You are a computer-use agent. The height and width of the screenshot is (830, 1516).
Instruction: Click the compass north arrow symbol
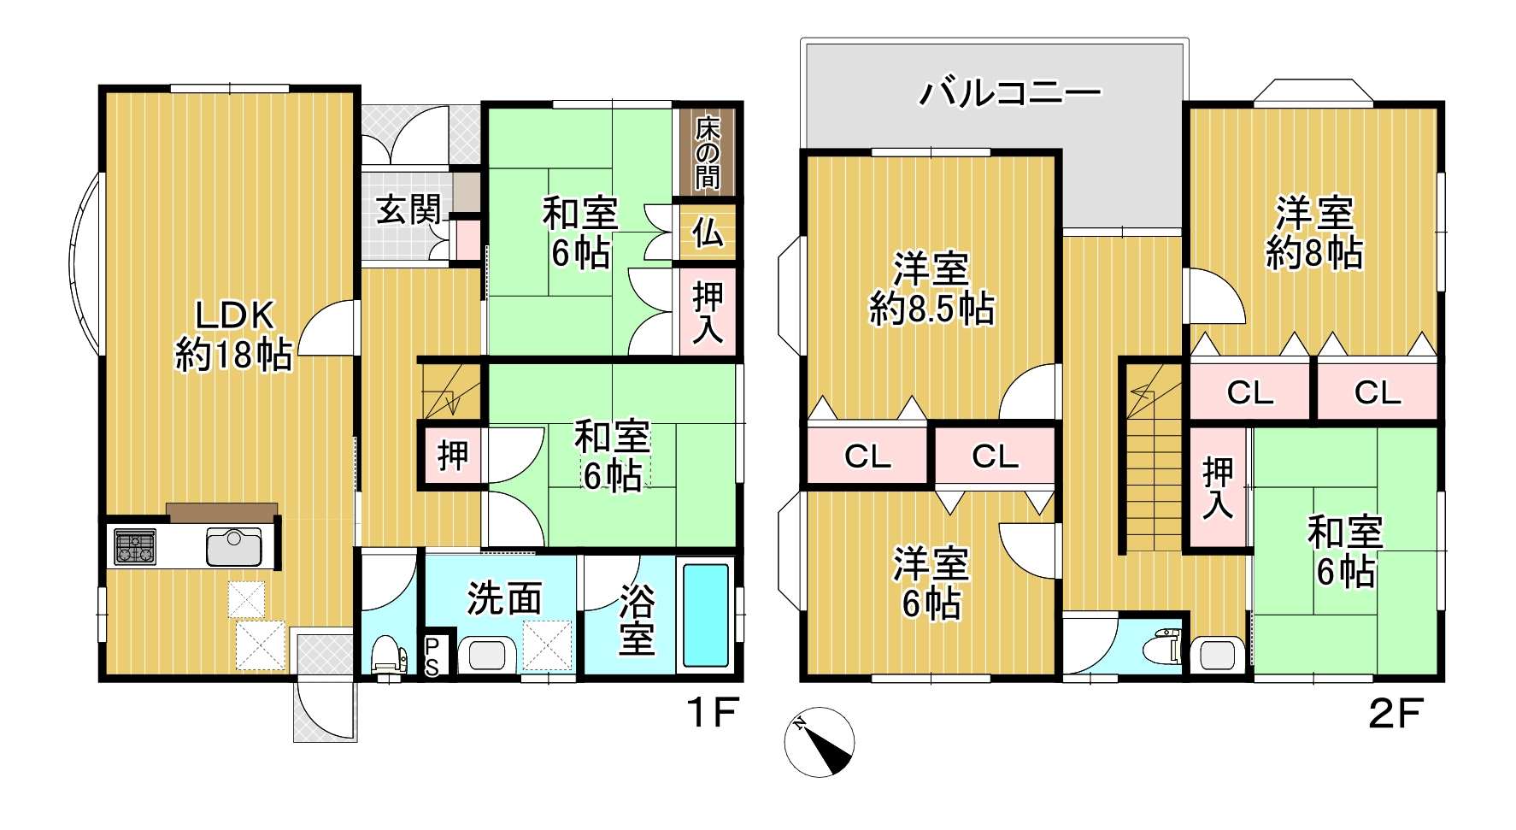click(820, 742)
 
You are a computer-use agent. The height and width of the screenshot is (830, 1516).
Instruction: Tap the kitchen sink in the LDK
click(233, 547)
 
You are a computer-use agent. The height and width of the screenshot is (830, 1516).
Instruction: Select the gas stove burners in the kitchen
click(136, 547)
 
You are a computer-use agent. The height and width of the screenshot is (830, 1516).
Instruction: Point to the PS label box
click(433, 656)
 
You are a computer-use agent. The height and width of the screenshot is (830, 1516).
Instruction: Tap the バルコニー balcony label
click(1009, 92)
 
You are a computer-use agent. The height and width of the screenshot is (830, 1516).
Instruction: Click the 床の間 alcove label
click(707, 153)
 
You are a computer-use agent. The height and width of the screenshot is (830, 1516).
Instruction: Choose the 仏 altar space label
click(707, 232)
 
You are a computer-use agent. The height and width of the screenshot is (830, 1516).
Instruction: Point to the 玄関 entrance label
click(409, 209)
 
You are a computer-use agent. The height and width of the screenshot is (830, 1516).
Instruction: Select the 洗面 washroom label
click(504, 599)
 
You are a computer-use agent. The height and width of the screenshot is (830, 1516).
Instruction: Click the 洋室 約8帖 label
click(1314, 233)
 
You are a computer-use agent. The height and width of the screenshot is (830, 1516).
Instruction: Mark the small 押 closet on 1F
click(452, 455)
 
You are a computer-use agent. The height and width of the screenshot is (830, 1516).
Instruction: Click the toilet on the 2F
click(1166, 645)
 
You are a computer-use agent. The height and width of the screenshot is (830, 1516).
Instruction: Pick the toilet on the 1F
click(390, 658)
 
